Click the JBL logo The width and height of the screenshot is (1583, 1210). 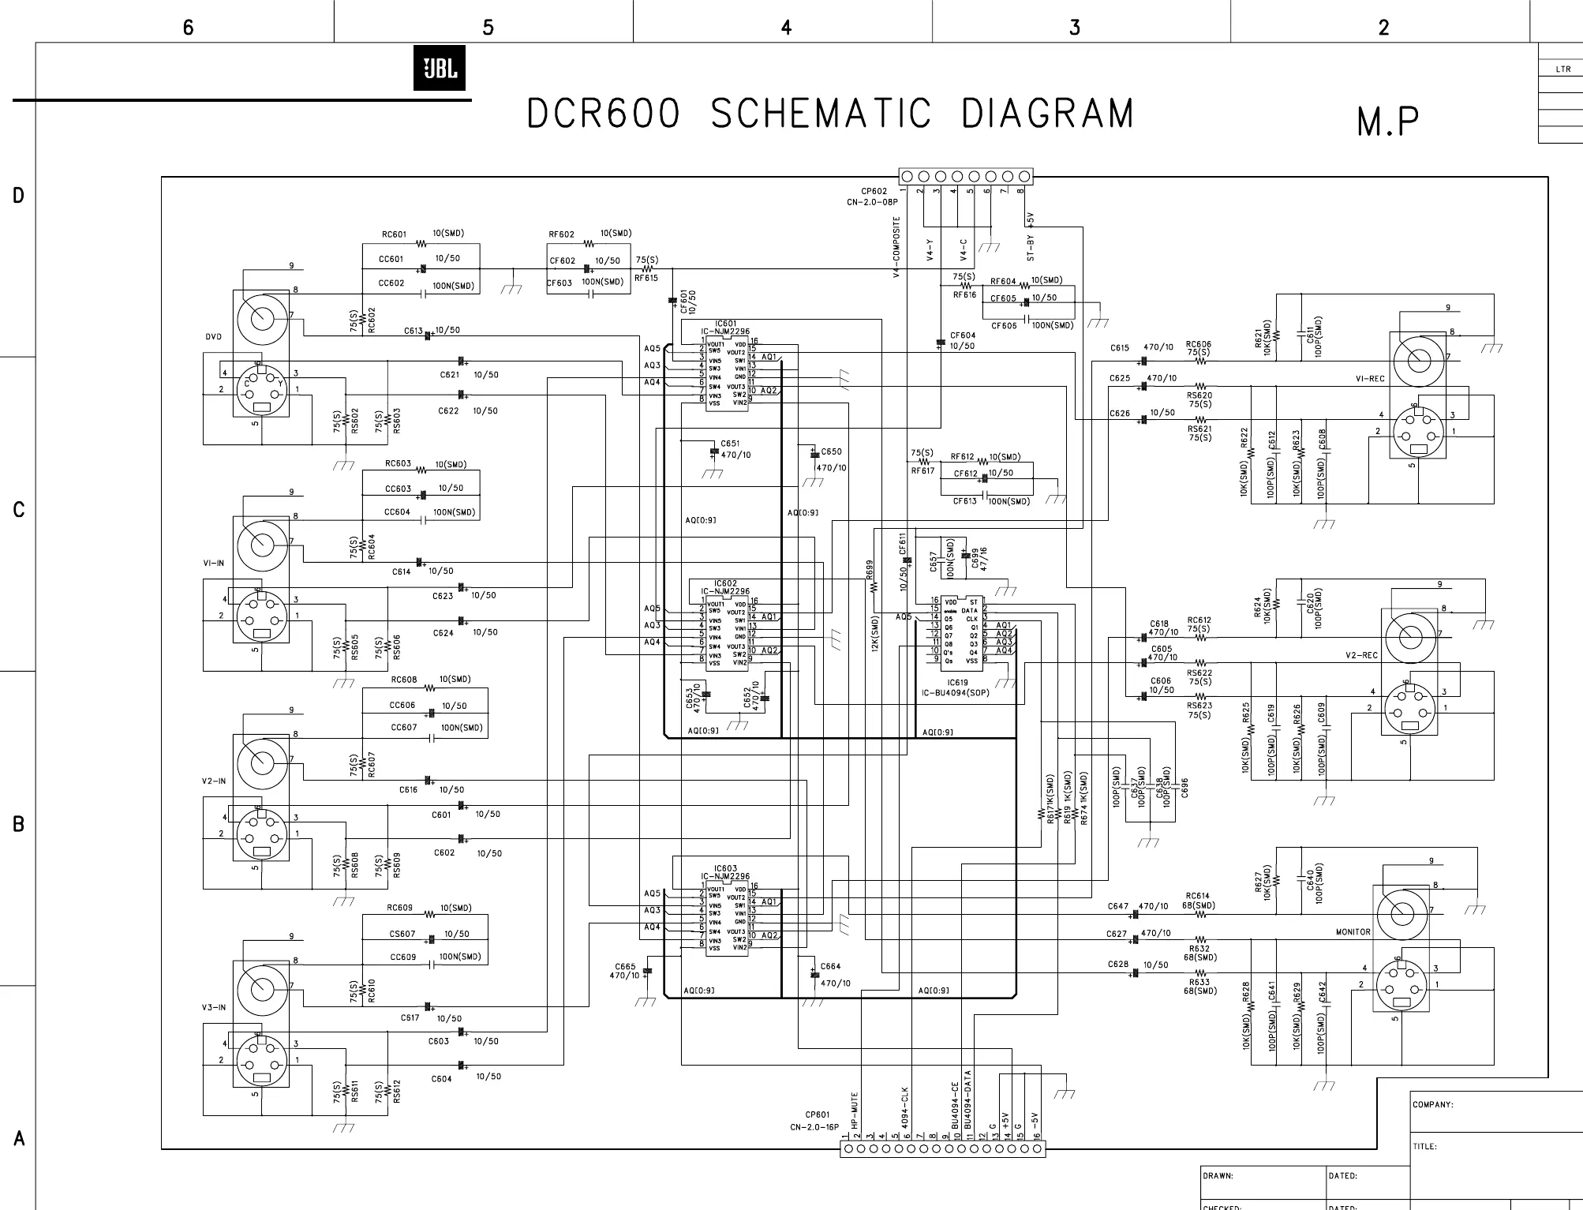coord(440,68)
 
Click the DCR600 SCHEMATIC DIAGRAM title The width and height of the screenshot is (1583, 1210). coord(830,114)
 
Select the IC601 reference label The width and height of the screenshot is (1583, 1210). coord(725,324)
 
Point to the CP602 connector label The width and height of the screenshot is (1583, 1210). coord(874,191)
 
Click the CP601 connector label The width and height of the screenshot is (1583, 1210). coord(817,1115)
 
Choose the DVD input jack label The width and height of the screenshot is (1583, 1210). coord(213,337)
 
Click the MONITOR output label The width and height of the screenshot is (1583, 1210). coord(1353,932)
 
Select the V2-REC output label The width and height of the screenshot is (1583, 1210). coord(1361,656)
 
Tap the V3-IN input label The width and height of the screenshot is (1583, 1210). coord(213,1008)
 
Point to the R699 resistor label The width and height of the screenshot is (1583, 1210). coord(870,588)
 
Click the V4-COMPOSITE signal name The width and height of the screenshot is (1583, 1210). coord(896,247)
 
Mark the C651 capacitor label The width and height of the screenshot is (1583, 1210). coord(730,444)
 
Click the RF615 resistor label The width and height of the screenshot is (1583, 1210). coord(646,278)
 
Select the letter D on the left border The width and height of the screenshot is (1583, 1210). coord(18,195)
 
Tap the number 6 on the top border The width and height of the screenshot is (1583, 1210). coord(188,28)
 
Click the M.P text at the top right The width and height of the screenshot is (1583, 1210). coord(1387,122)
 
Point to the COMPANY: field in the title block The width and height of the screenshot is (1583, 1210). coord(1432,1105)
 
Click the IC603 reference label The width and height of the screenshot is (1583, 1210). coord(725,868)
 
